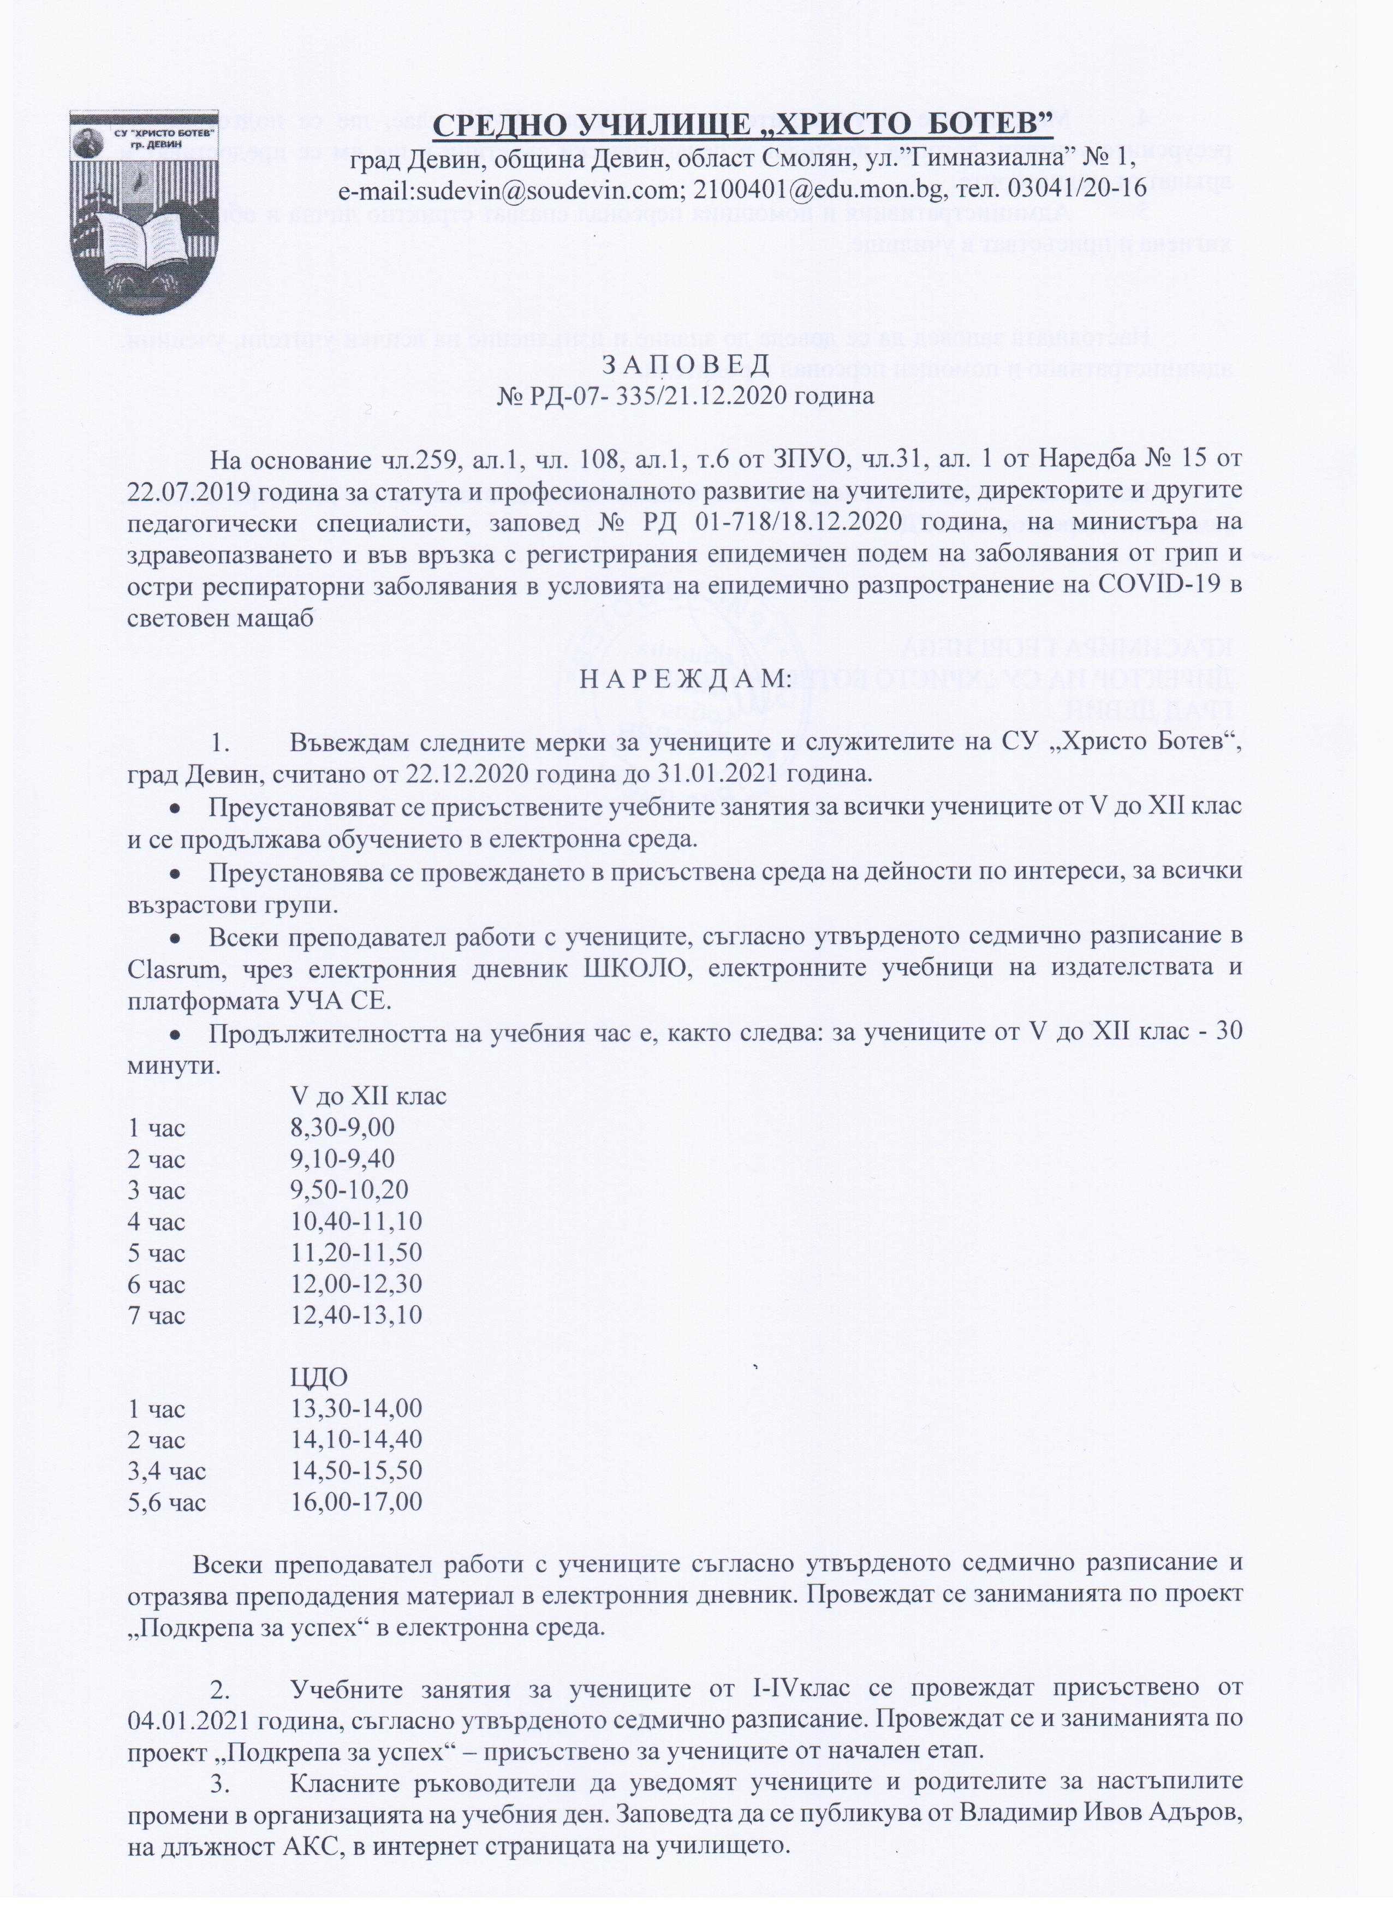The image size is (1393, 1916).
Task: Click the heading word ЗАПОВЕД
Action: [x=686, y=364]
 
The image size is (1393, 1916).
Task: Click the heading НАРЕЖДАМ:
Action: [x=685, y=679]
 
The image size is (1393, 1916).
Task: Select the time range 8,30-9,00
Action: [x=342, y=1128]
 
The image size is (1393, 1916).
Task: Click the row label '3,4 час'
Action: [x=166, y=1471]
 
